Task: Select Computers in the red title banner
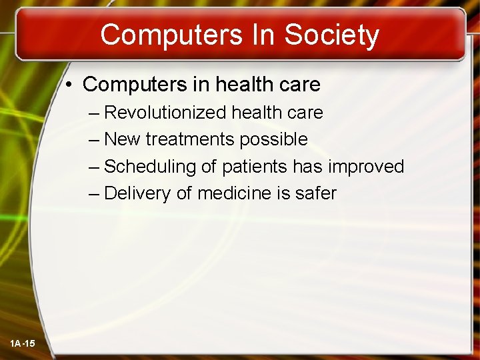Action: pos(169,35)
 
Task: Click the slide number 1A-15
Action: pos(23,343)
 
